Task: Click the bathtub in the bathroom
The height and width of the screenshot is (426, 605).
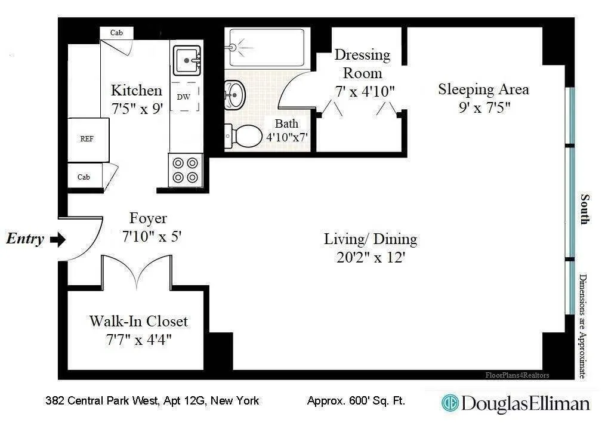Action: (267, 48)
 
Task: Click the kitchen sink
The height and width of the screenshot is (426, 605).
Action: (188, 60)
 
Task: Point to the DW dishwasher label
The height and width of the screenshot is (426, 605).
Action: (183, 97)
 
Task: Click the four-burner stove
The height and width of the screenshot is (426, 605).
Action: (186, 169)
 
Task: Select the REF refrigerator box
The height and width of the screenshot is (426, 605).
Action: (87, 139)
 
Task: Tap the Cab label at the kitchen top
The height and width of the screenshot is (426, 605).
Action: (117, 33)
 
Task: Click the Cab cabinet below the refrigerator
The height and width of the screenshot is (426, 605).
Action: (84, 177)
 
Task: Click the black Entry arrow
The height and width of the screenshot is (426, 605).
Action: (57, 240)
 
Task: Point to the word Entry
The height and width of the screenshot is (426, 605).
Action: (25, 240)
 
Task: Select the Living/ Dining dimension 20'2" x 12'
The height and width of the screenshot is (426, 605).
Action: (370, 258)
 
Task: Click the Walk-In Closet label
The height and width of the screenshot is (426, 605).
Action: (138, 321)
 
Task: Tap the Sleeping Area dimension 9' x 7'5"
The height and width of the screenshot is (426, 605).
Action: (483, 108)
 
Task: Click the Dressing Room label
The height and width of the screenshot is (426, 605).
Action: (362, 64)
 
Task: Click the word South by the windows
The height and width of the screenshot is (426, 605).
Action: (585, 209)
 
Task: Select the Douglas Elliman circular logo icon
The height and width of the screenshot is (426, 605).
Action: (450, 403)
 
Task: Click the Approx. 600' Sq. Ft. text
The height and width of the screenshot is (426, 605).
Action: (356, 401)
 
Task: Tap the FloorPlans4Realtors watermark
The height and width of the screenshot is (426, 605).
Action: (517, 375)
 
